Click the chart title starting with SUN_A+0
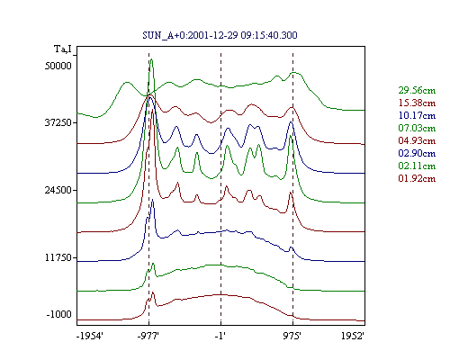pyautogui.click(x=220, y=35)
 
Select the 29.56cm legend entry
pyautogui.click(x=417, y=90)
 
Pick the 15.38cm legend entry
pyautogui.click(x=417, y=103)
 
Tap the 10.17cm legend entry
pyautogui.click(x=417, y=115)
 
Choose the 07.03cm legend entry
pyautogui.click(x=417, y=128)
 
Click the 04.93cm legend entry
pyautogui.click(x=417, y=140)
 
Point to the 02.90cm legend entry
pyautogui.click(x=417, y=153)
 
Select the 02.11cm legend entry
pyautogui.click(x=417, y=166)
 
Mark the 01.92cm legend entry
pyautogui.click(x=417, y=178)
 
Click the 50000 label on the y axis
pyautogui.click(x=58, y=66)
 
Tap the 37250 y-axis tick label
pyautogui.click(x=58, y=122)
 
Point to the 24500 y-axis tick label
pyautogui.click(x=58, y=190)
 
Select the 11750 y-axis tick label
pyautogui.click(x=58, y=257)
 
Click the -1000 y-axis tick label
pyautogui.click(x=58, y=314)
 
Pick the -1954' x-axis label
pyautogui.click(x=90, y=336)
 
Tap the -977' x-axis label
pyautogui.click(x=148, y=336)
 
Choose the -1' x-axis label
pyautogui.click(x=220, y=336)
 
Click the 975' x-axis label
pyautogui.click(x=292, y=336)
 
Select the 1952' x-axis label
pyautogui.click(x=353, y=336)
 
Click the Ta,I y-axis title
pyautogui.click(x=63, y=49)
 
